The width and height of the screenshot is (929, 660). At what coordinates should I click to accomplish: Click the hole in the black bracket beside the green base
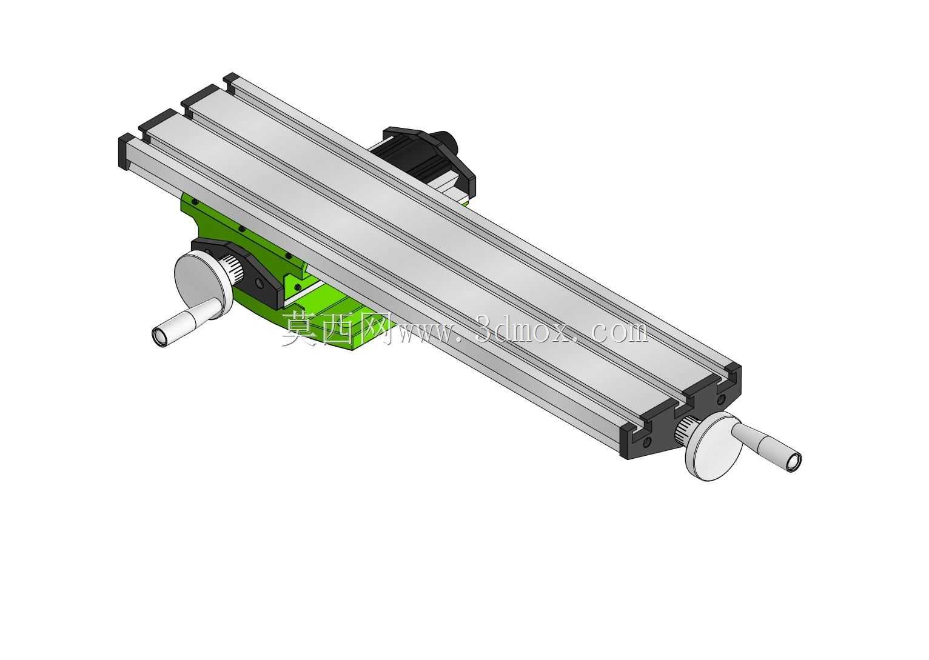click(x=259, y=283)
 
